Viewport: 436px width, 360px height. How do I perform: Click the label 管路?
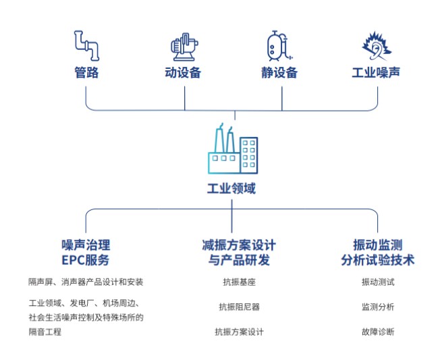[x=86, y=73]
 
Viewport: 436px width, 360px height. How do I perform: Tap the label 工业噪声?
[x=375, y=72]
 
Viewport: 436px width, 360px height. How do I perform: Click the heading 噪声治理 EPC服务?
[x=86, y=252]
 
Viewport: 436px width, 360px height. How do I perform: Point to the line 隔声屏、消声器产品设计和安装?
[x=86, y=282]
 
